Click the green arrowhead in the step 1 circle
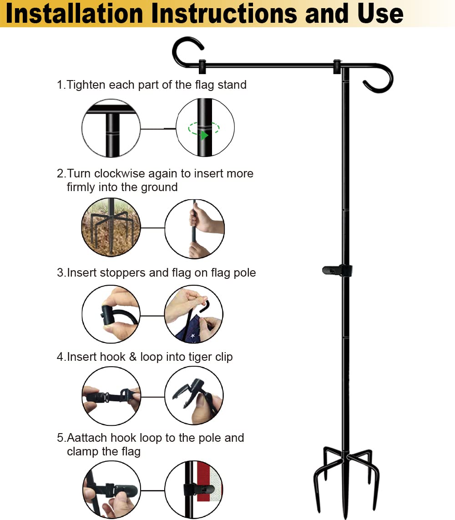(x=204, y=135)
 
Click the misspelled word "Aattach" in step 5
(x=87, y=438)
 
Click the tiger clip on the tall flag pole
(x=337, y=271)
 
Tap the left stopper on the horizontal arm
(x=202, y=66)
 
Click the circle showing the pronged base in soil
(x=111, y=227)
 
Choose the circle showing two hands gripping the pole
(x=194, y=228)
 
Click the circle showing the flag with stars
(x=194, y=314)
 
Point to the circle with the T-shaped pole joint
(x=111, y=128)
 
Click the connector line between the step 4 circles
(x=152, y=397)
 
